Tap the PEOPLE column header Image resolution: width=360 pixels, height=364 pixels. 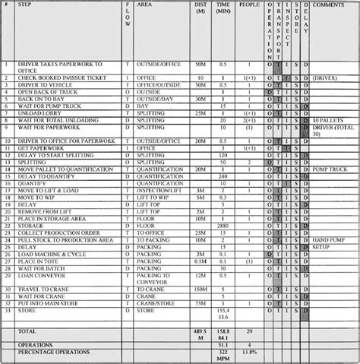point(248,5)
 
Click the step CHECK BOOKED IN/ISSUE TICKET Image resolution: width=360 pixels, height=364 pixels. point(62,78)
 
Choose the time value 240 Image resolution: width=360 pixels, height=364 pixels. point(223,176)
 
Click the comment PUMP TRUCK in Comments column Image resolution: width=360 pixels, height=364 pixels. point(329,169)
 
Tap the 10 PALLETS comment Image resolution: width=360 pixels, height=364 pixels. point(327,120)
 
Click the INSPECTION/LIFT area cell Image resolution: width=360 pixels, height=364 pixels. point(163,191)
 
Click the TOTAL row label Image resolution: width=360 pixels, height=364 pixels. point(27,332)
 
